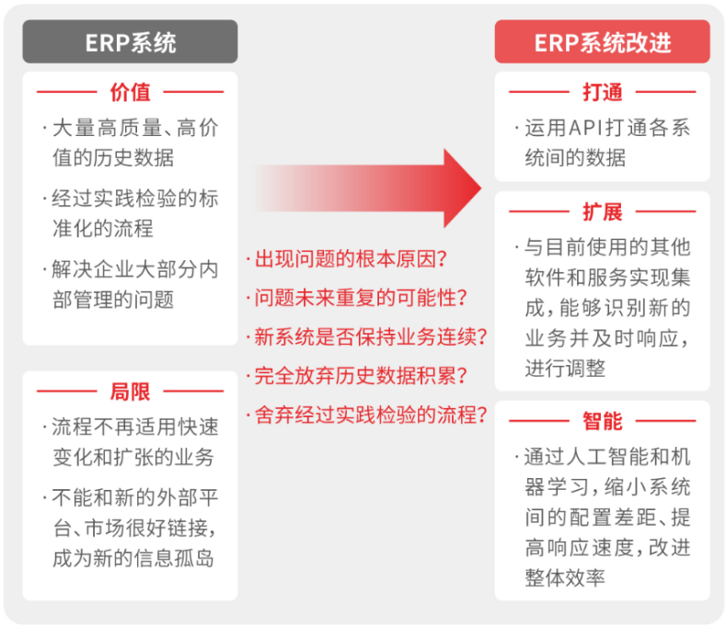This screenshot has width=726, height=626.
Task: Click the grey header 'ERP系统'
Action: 130,41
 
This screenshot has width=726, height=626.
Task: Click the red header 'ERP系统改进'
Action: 602,41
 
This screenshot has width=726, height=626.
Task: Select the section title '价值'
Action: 130,92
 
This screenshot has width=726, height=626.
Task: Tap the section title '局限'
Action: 130,392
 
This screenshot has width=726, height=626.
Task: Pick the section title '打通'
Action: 603,92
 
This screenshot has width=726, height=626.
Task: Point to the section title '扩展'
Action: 603,212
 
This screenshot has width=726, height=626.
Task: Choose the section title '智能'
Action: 603,421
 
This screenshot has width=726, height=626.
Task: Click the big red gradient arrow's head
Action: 462,188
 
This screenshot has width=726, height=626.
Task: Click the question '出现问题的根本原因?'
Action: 351,259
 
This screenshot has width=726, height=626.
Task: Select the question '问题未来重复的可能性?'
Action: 361,298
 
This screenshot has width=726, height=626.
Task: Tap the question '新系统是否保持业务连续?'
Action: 371,336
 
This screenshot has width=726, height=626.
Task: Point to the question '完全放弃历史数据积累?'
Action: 361,376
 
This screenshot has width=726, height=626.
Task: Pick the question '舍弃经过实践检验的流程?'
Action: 371,415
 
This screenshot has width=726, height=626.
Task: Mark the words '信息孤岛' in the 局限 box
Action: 174,559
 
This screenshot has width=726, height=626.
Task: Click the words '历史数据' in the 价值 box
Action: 133,158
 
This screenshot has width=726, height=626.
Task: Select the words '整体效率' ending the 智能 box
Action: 565,578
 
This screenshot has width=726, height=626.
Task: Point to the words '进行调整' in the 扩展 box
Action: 565,369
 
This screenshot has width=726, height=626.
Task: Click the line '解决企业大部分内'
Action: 134,269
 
